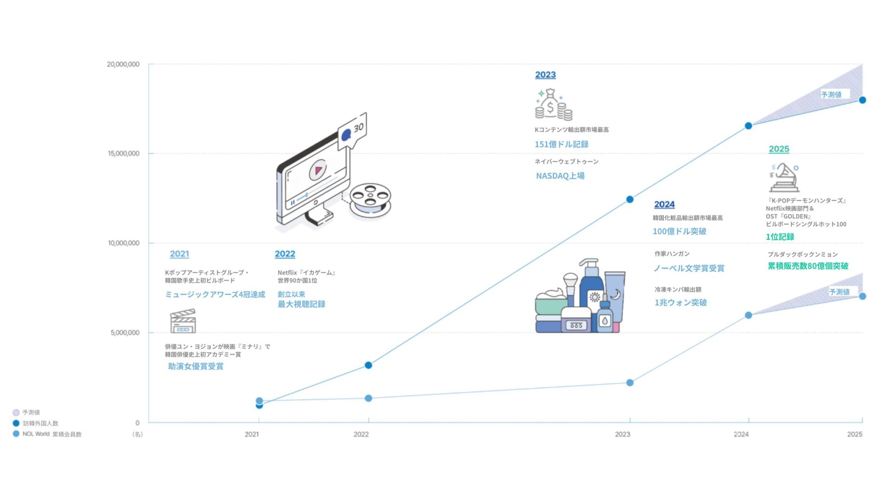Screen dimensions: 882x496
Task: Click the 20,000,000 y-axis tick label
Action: [x=123, y=64]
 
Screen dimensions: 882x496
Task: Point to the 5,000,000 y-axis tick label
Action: [x=125, y=333]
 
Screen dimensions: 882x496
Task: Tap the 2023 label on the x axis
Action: [x=622, y=434]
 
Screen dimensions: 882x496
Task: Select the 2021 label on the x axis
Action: [x=252, y=434]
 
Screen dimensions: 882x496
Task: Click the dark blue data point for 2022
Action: [x=368, y=365]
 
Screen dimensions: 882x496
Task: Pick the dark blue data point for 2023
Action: [x=630, y=199]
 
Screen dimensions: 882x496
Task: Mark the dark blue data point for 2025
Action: [x=862, y=100]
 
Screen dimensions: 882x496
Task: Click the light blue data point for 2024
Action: [x=748, y=315]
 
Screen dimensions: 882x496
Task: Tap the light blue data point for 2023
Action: [x=630, y=383]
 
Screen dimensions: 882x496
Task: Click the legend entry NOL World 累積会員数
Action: [x=47, y=434]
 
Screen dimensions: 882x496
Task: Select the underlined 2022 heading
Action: [x=285, y=254]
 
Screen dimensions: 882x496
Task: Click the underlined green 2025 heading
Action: [x=779, y=149]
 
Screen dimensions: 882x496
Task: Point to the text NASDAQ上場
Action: [x=560, y=176]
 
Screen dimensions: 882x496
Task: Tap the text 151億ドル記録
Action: [x=561, y=144]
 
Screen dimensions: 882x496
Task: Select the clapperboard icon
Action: [x=183, y=321]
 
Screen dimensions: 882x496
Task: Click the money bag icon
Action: [x=553, y=105]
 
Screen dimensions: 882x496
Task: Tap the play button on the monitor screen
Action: [x=317, y=170]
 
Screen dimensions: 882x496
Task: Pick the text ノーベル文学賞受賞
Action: [x=689, y=268]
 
